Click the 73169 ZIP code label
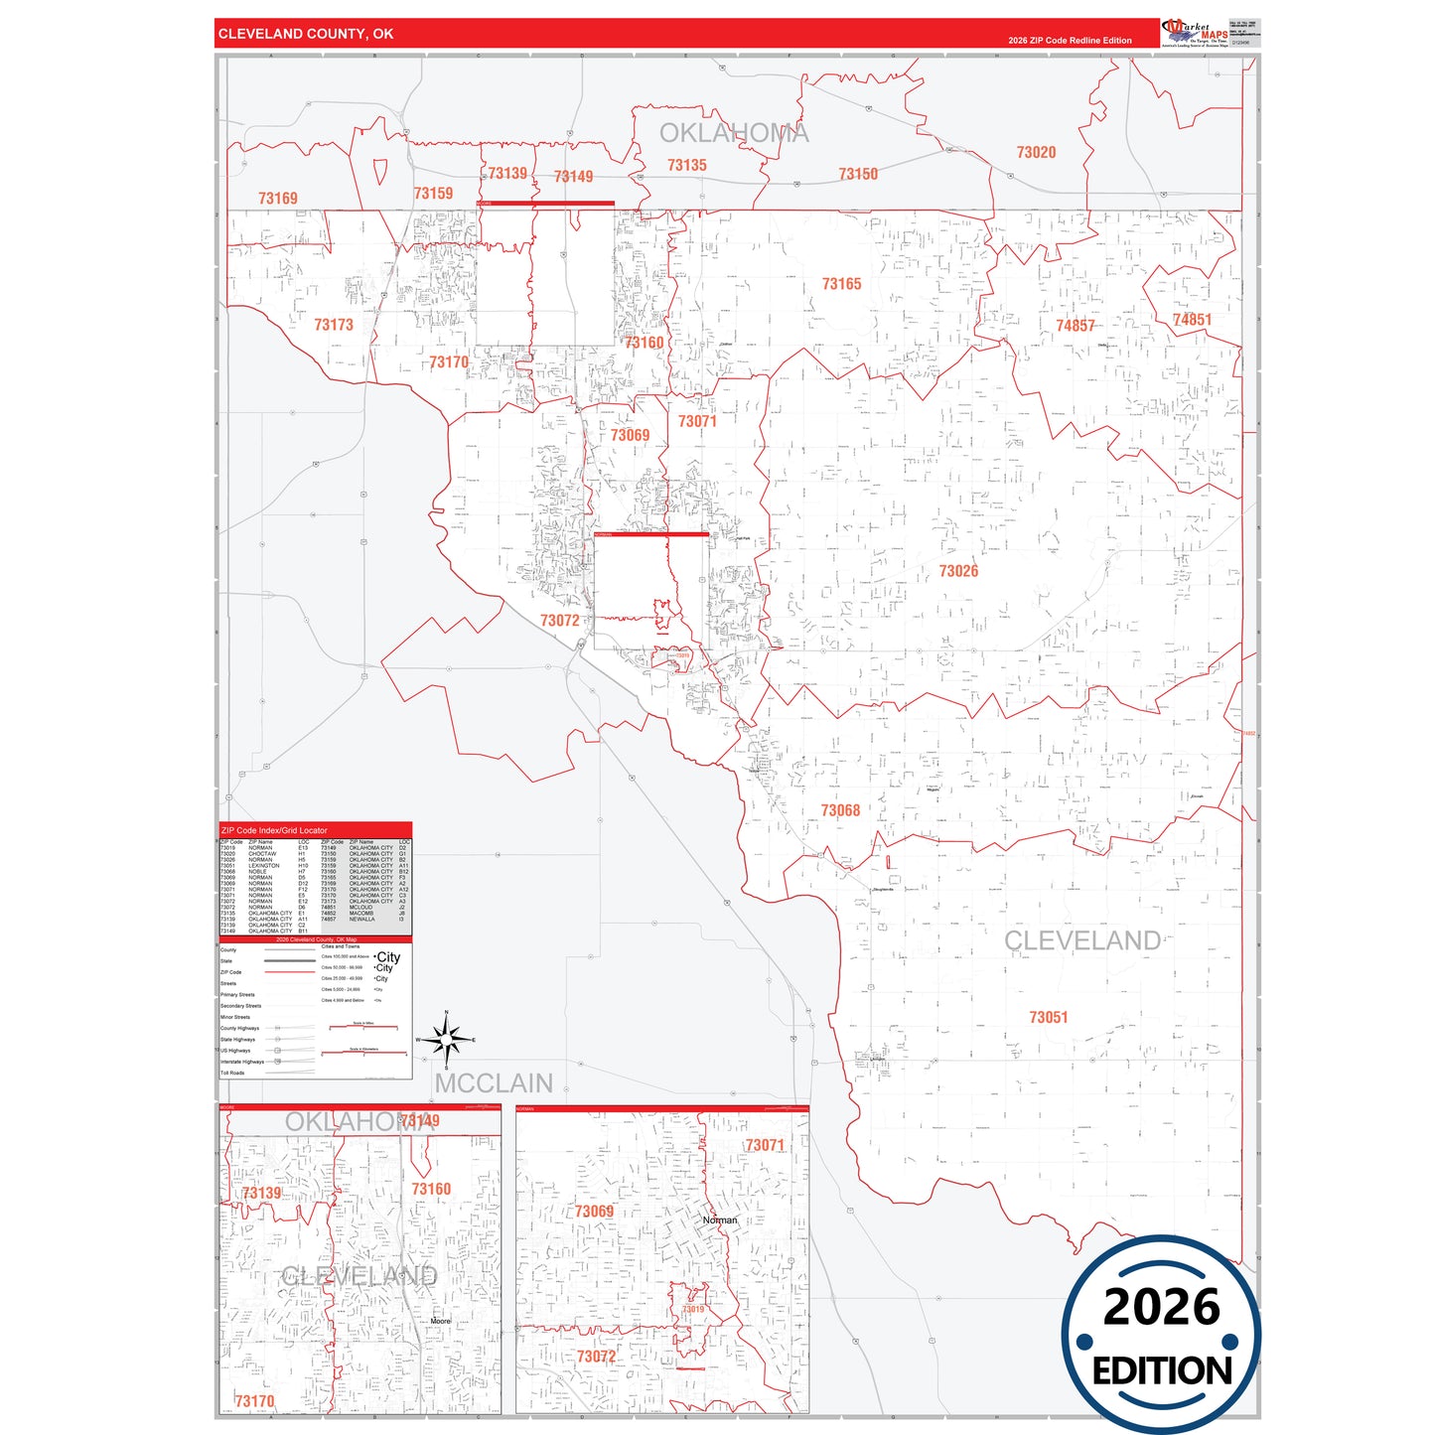coord(278,199)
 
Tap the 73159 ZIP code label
coord(433,194)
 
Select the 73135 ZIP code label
coord(687,166)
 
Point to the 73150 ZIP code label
coord(858,175)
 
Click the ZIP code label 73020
coord(1036,153)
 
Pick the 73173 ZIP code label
coord(334,325)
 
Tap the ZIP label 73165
coord(841,284)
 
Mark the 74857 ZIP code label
coord(1076,326)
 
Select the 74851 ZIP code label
coord(1192,320)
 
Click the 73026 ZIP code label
coord(958,571)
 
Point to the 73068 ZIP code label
coord(840,810)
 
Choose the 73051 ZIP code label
coord(1049,1017)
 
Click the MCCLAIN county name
coord(494,1083)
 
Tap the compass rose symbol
coord(447,1040)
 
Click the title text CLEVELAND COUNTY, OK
coord(306,34)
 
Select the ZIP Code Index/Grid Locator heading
coord(274,830)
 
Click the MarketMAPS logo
coord(1195,33)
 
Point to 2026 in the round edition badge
coord(1161,1307)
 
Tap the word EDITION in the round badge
coord(1162,1371)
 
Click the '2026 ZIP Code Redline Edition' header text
coord(1070,41)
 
